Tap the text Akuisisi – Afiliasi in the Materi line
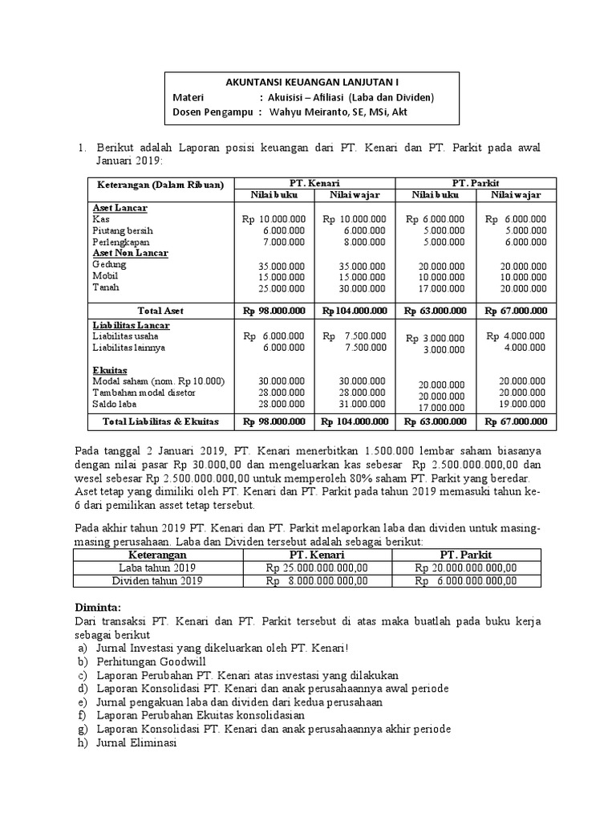point(313,97)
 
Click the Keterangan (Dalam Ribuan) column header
point(159,183)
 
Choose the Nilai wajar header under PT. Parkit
point(516,195)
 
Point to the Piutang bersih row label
point(122,230)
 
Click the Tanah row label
point(104,287)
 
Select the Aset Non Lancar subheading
point(130,252)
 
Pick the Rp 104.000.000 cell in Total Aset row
point(355,311)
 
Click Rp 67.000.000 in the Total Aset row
point(516,311)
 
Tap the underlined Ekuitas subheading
point(109,370)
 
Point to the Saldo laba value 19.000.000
point(522,404)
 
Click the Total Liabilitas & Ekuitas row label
point(159,421)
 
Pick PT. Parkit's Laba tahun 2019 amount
point(466,568)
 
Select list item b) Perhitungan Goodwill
point(142,661)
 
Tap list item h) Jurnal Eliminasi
point(126,743)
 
